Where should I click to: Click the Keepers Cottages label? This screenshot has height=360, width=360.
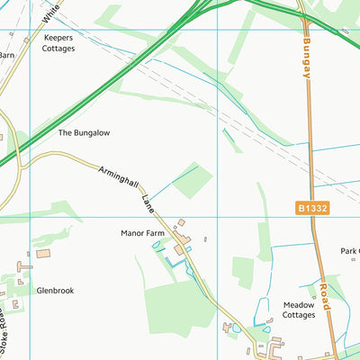click(x=58, y=43)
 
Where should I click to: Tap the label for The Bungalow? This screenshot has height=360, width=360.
click(x=84, y=132)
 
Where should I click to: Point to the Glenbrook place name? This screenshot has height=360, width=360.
click(x=55, y=291)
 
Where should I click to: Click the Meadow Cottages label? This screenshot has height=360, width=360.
click(x=299, y=310)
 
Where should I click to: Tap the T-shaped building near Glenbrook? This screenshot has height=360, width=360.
click(x=23, y=266)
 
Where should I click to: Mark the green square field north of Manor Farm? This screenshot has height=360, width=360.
click(x=193, y=181)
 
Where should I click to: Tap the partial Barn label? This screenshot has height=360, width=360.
click(x=8, y=54)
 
